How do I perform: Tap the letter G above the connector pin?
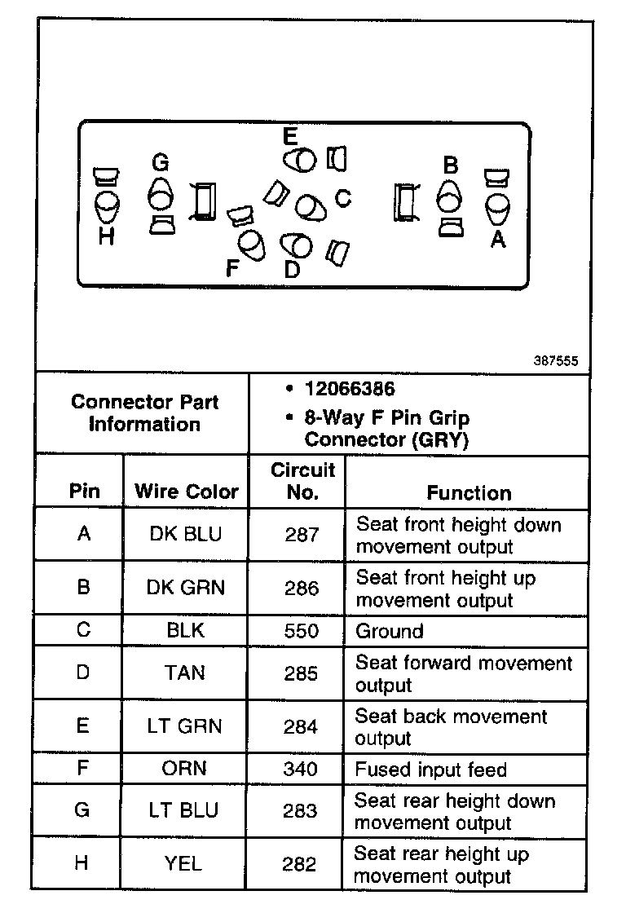click(160, 163)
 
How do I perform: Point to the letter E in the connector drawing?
click(290, 135)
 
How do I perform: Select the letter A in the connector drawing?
click(497, 239)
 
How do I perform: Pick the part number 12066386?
click(349, 389)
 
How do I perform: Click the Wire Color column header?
click(186, 492)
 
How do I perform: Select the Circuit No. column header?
click(302, 481)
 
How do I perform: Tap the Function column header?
click(469, 492)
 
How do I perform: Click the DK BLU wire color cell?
click(186, 534)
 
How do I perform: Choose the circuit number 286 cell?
click(302, 588)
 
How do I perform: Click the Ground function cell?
click(390, 631)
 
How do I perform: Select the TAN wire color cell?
click(185, 673)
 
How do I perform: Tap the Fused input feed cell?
click(430, 770)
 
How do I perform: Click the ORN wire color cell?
click(185, 769)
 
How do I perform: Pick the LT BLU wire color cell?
click(185, 810)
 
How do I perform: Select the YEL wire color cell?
click(185, 863)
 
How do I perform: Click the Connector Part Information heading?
click(144, 412)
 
